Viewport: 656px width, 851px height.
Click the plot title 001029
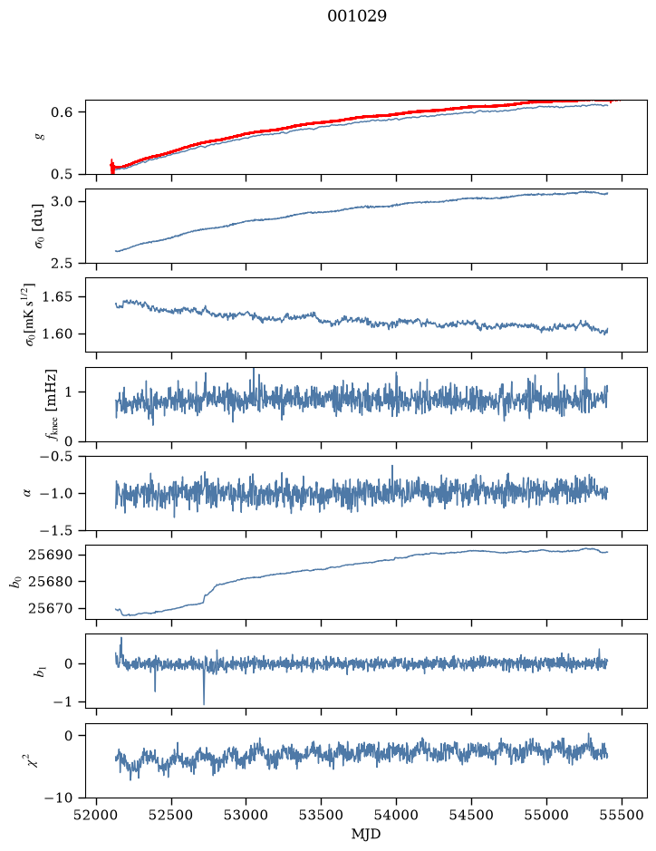click(x=356, y=15)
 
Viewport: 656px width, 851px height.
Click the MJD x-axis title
click(x=366, y=834)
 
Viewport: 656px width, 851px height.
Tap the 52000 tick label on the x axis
click(x=97, y=815)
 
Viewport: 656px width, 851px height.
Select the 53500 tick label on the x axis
click(x=321, y=815)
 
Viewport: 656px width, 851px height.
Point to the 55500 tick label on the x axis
click(x=622, y=815)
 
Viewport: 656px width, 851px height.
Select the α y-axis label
click(x=27, y=493)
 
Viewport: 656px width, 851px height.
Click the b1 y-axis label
click(x=39, y=672)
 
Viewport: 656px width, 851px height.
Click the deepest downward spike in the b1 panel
click(x=204, y=703)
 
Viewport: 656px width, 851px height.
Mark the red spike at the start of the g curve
click(x=112, y=167)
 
